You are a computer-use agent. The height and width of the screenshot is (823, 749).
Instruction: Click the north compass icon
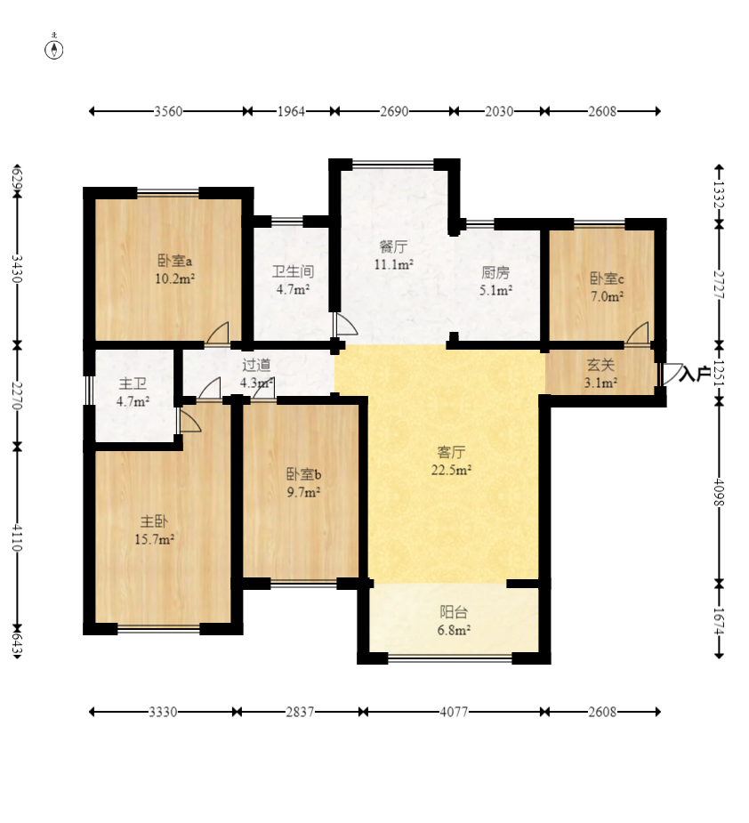tap(54, 48)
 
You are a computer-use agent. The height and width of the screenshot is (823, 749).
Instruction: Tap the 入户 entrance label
tap(695, 374)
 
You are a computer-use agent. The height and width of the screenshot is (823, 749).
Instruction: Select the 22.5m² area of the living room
tap(451, 470)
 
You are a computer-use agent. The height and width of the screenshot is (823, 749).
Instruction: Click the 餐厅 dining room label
tap(394, 246)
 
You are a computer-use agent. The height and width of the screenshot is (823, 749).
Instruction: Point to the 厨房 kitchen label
tap(495, 272)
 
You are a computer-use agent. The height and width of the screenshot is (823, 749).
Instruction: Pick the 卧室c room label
tap(607, 278)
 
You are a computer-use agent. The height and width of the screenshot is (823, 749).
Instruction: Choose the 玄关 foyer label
tap(600, 364)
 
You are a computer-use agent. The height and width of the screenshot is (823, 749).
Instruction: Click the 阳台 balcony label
tap(454, 611)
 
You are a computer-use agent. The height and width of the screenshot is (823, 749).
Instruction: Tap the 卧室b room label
tap(303, 474)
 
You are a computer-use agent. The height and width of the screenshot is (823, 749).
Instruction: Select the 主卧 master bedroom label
tap(154, 521)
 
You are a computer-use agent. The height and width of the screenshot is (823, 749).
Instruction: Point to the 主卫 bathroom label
tap(133, 384)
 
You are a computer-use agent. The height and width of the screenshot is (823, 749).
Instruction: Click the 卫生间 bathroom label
tap(293, 271)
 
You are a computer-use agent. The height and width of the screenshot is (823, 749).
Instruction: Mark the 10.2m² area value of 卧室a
tap(174, 278)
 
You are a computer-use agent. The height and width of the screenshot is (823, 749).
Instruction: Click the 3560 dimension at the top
tap(168, 111)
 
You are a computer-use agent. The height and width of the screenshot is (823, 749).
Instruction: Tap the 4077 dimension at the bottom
tap(454, 712)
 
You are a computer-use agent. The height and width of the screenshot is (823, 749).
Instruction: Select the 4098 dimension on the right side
tap(719, 492)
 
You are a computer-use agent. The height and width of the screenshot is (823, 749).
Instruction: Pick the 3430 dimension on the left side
tap(17, 269)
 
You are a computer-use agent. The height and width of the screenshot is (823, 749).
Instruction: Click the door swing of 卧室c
tap(636, 334)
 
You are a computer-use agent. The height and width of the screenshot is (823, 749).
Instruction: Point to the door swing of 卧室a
tap(217, 334)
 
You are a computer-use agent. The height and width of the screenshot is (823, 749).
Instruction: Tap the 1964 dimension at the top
tap(291, 111)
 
